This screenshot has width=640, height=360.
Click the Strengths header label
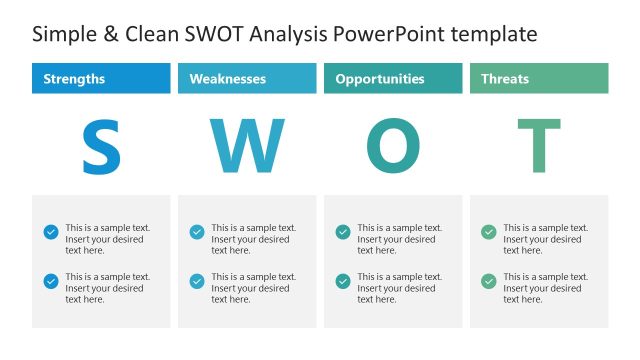click(75, 79)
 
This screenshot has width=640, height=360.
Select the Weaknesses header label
click(227, 79)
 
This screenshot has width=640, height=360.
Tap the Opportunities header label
click(380, 79)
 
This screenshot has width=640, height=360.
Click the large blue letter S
click(101, 147)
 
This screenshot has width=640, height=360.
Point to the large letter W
click(247, 147)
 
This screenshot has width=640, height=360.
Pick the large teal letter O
click(393, 147)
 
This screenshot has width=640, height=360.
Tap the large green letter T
click(539, 147)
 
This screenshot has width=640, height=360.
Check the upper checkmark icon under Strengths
click(51, 232)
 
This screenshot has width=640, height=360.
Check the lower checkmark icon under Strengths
click(51, 281)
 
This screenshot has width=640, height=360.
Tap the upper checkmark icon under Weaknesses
click(197, 232)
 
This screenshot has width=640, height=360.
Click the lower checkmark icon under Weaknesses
click(197, 281)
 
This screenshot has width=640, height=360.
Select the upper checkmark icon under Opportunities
click(343, 232)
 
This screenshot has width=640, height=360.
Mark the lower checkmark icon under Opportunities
click(343, 281)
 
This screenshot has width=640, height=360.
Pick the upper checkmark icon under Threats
click(489, 232)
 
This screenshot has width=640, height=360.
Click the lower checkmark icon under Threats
click(489, 281)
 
